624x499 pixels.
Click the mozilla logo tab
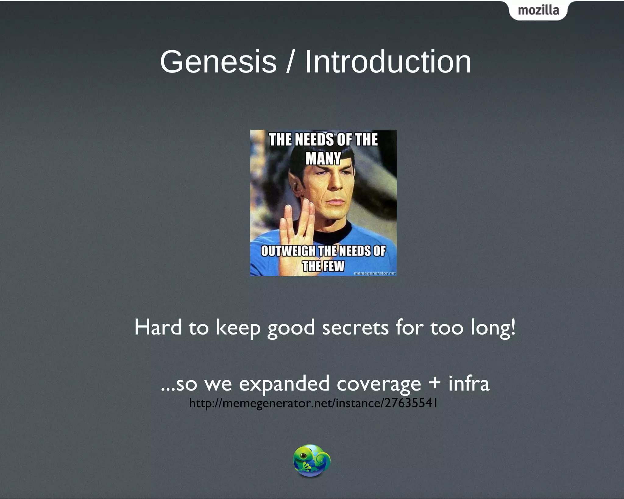tap(538, 11)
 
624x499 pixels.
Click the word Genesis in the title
tap(218, 62)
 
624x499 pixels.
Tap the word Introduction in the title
tap(388, 62)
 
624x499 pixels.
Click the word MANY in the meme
tap(323, 159)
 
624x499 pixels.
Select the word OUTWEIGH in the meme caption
tap(288, 251)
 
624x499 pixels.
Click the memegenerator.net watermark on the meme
tap(375, 273)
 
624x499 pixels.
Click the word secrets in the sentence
tap(355, 328)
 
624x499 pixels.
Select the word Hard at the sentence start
tap(158, 327)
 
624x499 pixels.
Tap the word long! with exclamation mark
tap(493, 328)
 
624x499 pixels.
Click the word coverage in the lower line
tap(379, 384)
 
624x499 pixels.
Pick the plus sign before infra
tap(434, 383)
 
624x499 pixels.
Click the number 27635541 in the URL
tap(411, 403)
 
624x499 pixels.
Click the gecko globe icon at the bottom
tap(312, 460)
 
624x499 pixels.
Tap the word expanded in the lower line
tap(284, 384)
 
